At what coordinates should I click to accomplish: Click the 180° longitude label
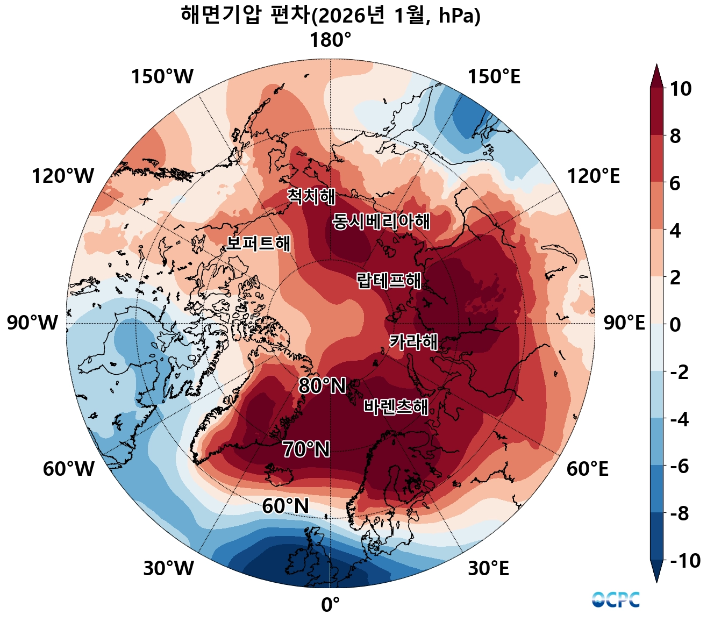[x=330, y=40]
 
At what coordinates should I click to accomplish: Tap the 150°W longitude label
[x=162, y=77]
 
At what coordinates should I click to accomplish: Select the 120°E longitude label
[x=594, y=176]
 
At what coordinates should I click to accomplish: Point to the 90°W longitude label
[x=32, y=323]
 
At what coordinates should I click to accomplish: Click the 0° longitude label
[x=330, y=605]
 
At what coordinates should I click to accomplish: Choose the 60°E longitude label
[x=587, y=469]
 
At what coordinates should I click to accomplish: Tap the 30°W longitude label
[x=168, y=568]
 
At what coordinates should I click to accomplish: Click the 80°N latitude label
[x=322, y=386]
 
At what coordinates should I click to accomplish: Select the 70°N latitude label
[x=306, y=449]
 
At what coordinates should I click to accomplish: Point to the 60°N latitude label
[x=285, y=506]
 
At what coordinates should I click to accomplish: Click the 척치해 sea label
[x=311, y=196]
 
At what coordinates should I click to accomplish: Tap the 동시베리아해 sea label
[x=381, y=221]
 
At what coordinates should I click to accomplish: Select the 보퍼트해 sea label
[x=258, y=243]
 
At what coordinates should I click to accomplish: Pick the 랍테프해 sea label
[x=389, y=280]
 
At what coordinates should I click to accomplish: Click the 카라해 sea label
[x=413, y=342]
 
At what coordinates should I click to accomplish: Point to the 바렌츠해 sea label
[x=396, y=407]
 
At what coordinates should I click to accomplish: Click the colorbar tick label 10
[x=680, y=89]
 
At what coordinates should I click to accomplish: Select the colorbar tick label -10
[x=685, y=561]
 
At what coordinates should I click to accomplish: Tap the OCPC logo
[x=616, y=599]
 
